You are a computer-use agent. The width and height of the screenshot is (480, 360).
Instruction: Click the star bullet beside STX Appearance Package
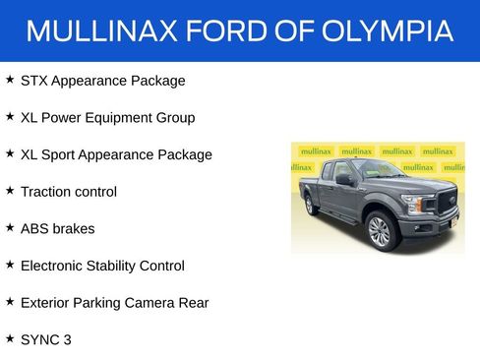[9, 80]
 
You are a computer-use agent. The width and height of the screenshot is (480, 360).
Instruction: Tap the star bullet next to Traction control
[9, 191]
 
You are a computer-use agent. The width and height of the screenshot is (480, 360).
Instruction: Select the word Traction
[47, 192]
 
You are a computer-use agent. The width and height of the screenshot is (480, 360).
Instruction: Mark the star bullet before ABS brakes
[9, 227]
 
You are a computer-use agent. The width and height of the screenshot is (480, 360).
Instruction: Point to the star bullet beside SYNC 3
[9, 338]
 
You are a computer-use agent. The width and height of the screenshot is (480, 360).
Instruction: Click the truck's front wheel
[379, 231]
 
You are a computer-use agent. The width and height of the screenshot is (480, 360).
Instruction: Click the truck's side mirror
[346, 180]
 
